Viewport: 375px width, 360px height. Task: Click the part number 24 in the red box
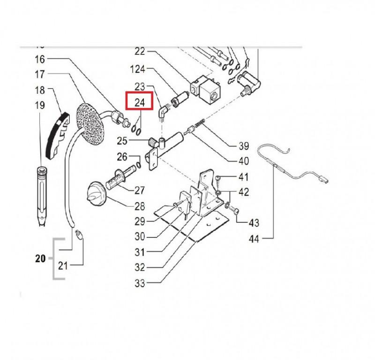[x=140, y=102]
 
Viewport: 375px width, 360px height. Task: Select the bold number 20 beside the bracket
[x=40, y=259]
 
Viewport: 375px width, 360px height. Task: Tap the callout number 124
[x=138, y=69]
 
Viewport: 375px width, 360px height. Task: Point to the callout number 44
[x=254, y=239]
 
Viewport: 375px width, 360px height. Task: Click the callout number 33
[x=140, y=283]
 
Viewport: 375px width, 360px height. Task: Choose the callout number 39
[x=244, y=146]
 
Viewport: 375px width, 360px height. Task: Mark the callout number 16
[x=40, y=59]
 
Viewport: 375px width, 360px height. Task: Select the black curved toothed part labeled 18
[x=58, y=136]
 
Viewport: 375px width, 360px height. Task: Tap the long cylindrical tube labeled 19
[x=42, y=196]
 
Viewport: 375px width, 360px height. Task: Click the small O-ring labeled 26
[x=139, y=165]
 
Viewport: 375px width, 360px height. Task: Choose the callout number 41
[x=243, y=177]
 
